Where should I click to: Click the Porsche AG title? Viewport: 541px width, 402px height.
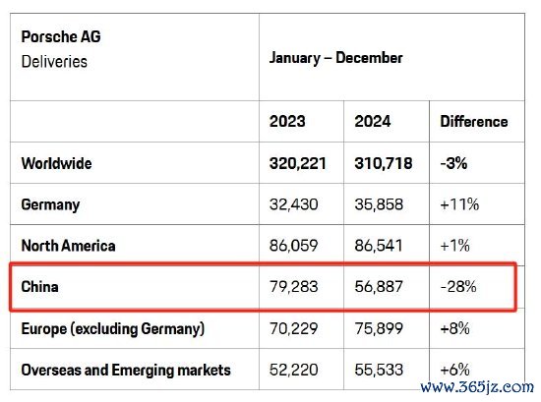point(61,36)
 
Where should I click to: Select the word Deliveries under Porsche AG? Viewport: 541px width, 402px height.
point(54,62)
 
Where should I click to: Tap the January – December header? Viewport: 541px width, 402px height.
point(335,58)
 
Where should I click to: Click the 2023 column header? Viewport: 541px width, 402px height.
point(287,121)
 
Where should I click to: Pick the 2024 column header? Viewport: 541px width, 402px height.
point(373,121)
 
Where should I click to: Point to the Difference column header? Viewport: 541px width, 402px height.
point(474,121)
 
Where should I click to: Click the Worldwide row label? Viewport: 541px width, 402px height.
point(57,163)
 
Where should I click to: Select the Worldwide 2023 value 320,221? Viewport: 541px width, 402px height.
point(298,163)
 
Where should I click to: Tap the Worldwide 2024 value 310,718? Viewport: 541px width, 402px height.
point(384,163)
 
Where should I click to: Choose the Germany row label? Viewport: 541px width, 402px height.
point(50,204)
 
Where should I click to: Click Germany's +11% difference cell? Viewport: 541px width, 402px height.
point(459,204)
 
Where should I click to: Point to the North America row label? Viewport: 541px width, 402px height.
point(68,246)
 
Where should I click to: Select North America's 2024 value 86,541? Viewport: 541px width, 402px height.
point(379,246)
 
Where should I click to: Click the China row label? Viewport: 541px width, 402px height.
point(39,286)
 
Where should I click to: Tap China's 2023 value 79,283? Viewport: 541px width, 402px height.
point(294,286)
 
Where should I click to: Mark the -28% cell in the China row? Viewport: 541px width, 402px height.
point(458,286)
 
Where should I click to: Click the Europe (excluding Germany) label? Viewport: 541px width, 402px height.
point(113,328)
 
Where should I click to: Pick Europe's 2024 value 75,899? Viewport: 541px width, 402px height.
point(379,328)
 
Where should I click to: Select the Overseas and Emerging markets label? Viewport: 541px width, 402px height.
point(126,370)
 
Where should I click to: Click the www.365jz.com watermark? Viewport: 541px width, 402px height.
point(477,387)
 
